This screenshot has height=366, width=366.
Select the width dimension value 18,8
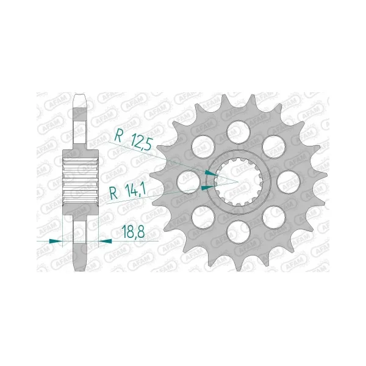(x=133, y=232)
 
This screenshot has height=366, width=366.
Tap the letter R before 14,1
(x=113, y=194)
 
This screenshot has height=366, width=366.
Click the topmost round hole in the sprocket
(x=239, y=132)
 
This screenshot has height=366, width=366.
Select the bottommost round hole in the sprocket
(x=239, y=233)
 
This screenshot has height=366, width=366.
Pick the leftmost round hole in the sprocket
(x=188, y=182)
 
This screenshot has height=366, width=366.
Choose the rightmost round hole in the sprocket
(x=289, y=182)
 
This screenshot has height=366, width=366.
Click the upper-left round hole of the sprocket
(x=203, y=147)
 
